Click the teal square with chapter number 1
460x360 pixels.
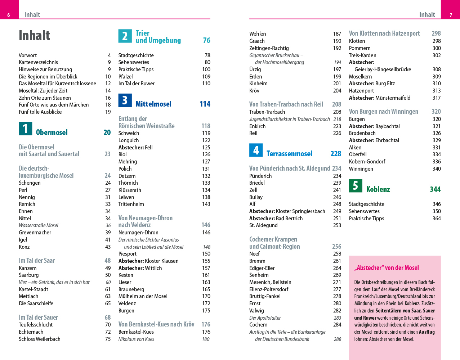25,129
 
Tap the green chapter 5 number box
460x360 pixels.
355,185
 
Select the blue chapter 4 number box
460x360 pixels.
256,150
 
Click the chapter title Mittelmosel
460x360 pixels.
153,104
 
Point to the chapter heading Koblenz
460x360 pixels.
378,189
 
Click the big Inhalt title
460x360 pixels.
35,35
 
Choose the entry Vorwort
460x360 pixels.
28,55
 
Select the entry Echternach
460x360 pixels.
31,332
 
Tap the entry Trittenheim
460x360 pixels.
131,204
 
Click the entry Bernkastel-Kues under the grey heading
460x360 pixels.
136,332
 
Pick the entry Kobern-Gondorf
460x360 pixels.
367,162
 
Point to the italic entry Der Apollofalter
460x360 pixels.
265,318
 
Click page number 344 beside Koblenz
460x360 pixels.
435,189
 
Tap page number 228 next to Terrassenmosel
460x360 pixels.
336,154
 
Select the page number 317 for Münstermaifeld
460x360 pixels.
437,98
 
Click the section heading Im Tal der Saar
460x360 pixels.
37,261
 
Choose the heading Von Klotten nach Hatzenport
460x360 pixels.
384,33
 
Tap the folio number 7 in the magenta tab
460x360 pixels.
451,15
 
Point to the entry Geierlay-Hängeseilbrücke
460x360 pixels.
383,69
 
